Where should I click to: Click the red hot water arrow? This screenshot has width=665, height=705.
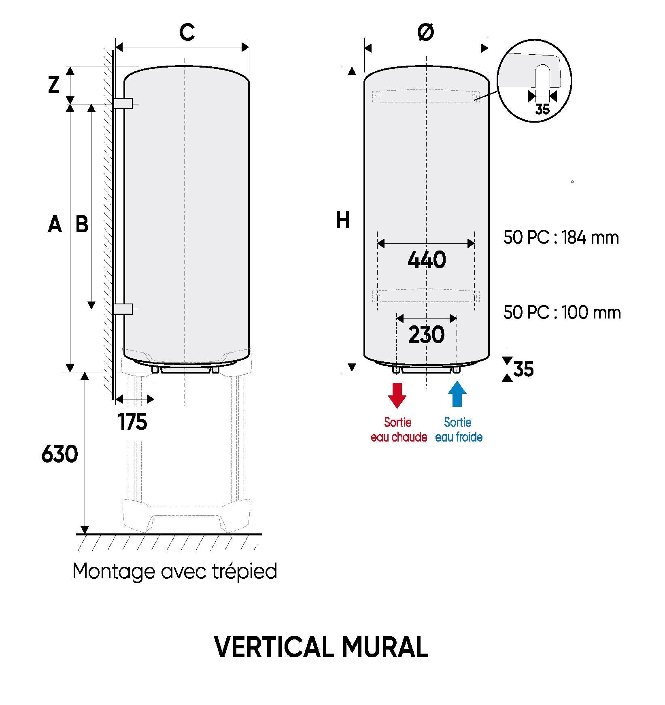point(397,395)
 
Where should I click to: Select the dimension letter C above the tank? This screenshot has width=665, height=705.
point(187,32)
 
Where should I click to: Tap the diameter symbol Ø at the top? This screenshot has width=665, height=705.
point(425,32)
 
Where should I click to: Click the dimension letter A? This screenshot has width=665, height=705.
point(55,224)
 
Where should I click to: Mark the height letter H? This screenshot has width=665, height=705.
point(342,221)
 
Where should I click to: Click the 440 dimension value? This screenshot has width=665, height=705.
point(427,260)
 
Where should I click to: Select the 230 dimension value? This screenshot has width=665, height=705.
point(427,335)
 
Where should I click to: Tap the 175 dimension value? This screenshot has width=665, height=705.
point(133,422)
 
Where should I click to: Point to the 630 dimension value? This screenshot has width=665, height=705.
point(59,454)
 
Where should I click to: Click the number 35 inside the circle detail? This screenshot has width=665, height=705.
point(542,109)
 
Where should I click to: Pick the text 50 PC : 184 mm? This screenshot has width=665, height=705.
point(561,238)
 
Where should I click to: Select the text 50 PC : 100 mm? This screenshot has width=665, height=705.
point(562,313)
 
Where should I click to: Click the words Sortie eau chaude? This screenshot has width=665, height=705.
point(399,430)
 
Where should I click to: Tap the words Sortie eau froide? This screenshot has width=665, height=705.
point(459,430)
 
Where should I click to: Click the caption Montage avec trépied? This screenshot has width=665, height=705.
point(175,571)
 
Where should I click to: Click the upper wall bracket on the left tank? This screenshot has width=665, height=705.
point(123,104)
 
